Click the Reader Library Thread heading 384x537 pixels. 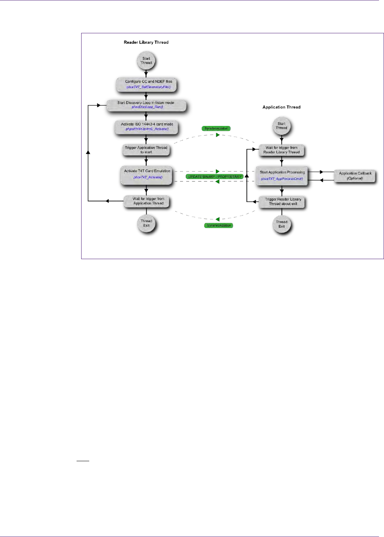pos(146,42)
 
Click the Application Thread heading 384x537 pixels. pos(281,107)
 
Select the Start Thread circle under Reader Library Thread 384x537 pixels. pos(146,61)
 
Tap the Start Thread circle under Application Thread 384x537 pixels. pos(281,126)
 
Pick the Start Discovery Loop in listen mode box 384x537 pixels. pos(146,105)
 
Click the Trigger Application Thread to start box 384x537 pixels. pos(146,150)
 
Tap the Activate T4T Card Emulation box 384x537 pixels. pos(147,174)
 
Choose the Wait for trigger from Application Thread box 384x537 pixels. pos(148,201)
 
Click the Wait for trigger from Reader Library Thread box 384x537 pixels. pos(281,150)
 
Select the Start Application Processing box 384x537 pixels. pos(282,175)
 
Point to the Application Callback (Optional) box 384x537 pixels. pos(355,176)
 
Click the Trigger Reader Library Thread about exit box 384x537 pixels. pos(283,201)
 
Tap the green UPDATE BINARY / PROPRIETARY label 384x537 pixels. pos(215,177)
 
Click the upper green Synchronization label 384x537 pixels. pos(216,129)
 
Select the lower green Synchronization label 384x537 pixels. pos(219,226)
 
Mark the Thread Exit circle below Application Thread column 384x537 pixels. pos(281,224)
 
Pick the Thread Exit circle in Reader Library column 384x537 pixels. pos(146,224)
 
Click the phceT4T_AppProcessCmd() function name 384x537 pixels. pos(282,179)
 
